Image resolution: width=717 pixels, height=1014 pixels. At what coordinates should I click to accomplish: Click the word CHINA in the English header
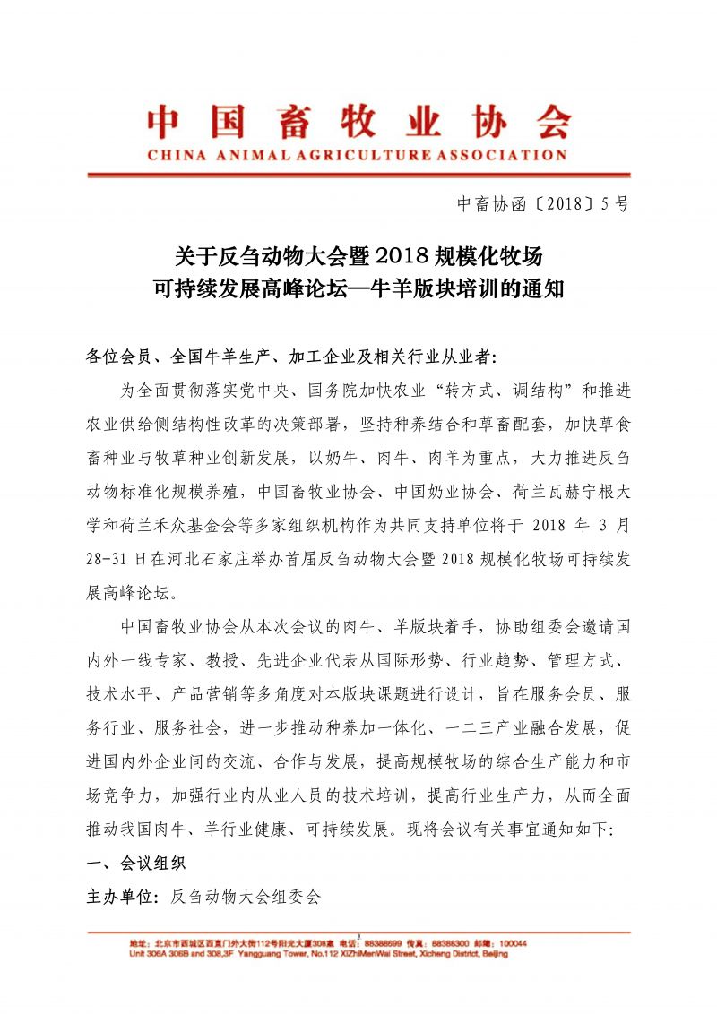click(174, 155)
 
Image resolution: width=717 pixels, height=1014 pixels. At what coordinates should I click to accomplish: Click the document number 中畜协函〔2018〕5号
click(544, 203)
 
